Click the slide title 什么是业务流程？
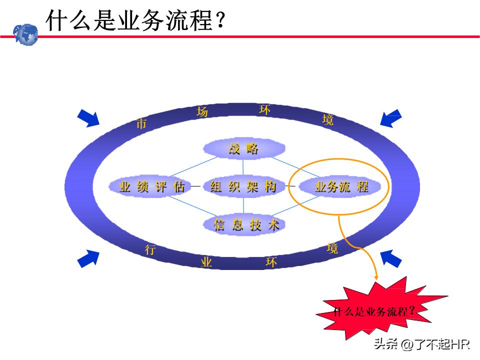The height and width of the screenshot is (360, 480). (135, 20)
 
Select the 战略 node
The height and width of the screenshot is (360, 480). (243, 148)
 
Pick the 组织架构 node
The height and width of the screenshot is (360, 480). (243, 187)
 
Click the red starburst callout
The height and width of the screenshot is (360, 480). (373, 311)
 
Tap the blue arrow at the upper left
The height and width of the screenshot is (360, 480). (88, 118)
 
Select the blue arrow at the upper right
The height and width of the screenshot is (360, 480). (391, 119)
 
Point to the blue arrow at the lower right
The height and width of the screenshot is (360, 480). (391, 258)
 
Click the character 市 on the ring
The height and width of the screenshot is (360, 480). (141, 123)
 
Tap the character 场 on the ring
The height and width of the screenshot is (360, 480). (202, 111)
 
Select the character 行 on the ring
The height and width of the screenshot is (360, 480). (150, 250)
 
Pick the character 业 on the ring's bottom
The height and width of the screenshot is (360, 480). (206, 262)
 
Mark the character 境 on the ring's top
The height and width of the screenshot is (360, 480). (328, 119)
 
